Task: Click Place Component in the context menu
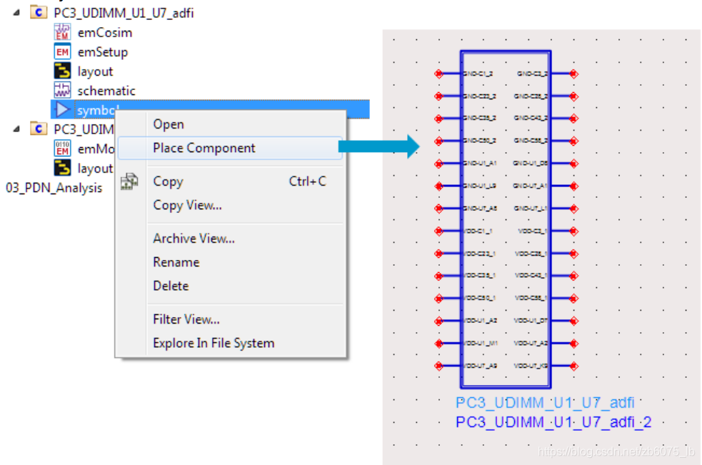click(204, 148)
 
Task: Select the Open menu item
click(169, 124)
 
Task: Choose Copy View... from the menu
click(187, 205)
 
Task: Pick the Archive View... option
click(194, 239)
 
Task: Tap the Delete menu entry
click(171, 286)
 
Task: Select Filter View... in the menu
click(186, 319)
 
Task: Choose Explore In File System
click(213, 343)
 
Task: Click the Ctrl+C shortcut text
click(307, 181)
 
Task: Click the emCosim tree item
click(104, 32)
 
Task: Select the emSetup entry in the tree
click(102, 51)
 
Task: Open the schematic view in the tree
click(106, 91)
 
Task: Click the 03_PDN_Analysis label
click(54, 188)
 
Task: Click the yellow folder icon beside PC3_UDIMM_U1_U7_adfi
click(39, 13)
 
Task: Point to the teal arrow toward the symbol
click(378, 146)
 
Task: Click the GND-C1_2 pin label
click(478, 74)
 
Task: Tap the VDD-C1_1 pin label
click(478, 231)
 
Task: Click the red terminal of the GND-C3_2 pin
click(573, 74)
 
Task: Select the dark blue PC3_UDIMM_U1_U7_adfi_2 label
click(553, 423)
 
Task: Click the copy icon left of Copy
click(129, 181)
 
